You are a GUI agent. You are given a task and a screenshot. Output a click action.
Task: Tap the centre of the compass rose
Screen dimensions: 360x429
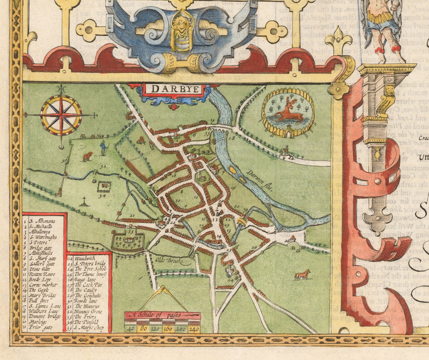point(61,115)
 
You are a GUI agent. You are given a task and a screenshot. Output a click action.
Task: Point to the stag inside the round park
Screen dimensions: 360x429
point(288,112)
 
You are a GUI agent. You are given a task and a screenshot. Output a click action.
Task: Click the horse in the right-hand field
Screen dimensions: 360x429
point(302,275)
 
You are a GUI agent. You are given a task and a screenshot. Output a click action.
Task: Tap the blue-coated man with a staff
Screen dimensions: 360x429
point(103,149)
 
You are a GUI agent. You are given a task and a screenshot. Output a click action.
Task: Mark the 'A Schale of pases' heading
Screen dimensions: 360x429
point(162,315)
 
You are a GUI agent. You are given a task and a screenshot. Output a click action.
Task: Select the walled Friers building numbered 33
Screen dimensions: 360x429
point(128,240)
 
